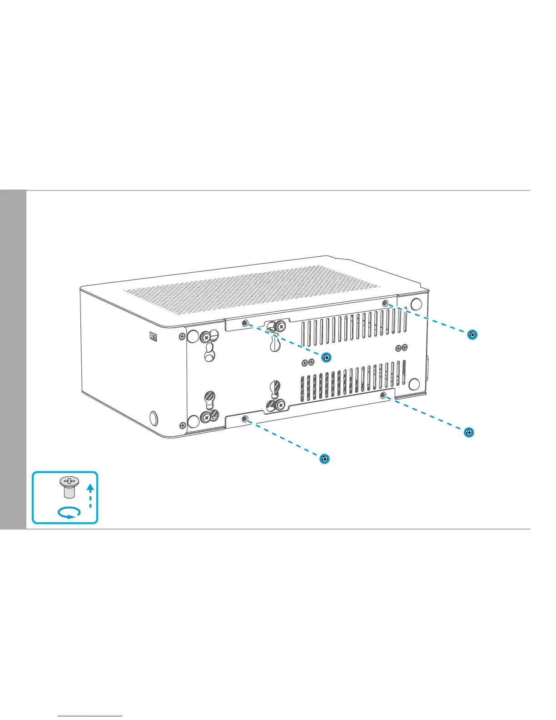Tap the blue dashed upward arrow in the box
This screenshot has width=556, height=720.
click(x=90, y=495)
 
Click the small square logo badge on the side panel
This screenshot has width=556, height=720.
click(x=154, y=336)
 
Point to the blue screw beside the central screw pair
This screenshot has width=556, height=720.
click(x=326, y=357)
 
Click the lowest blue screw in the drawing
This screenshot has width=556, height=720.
click(x=324, y=459)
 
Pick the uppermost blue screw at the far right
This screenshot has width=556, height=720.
click(x=472, y=335)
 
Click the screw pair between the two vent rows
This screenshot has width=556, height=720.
click(x=308, y=362)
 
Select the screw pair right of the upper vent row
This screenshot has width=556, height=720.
click(x=402, y=348)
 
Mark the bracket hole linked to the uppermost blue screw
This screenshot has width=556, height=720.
click(x=385, y=303)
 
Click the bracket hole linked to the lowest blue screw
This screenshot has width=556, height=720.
click(x=245, y=419)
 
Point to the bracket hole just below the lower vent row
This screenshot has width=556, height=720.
click(x=383, y=395)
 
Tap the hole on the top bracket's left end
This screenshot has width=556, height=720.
click(x=245, y=323)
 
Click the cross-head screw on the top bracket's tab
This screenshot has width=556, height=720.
click(x=282, y=326)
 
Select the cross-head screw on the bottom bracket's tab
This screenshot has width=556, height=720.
click(x=280, y=403)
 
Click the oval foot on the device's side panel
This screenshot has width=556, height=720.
click(x=154, y=417)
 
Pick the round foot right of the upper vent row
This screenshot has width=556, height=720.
click(x=415, y=304)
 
